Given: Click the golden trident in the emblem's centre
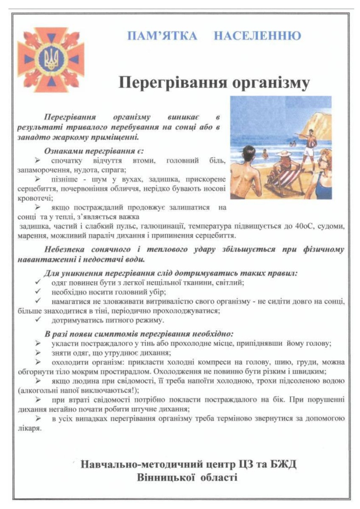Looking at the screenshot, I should [x=50, y=59].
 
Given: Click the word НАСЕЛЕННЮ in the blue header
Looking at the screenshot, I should [x=257, y=36].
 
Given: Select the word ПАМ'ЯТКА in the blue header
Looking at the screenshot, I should [x=162, y=36].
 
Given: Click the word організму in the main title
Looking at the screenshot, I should [x=263, y=82].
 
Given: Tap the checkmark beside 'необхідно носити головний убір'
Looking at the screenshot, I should [x=38, y=292].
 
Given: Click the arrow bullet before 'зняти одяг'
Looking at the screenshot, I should [x=38, y=353].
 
